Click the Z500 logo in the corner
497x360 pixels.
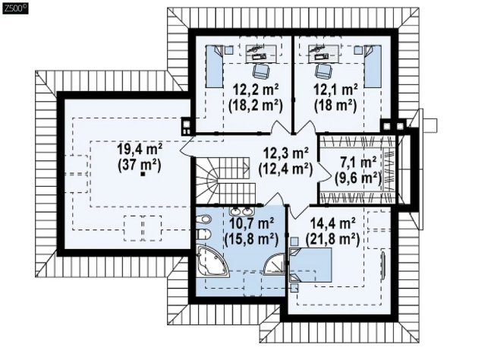coord(15,8)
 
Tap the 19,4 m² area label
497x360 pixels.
coord(140,149)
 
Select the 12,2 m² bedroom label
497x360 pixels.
coord(256,90)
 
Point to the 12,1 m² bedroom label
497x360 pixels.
coord(335,90)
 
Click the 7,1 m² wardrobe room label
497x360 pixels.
coord(358,163)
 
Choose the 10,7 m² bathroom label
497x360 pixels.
coord(251,224)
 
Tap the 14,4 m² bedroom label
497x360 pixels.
coord(332,224)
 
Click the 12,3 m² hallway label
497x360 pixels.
coord(286,153)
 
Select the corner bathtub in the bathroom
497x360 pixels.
coord(212,260)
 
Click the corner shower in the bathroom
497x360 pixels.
coord(275,264)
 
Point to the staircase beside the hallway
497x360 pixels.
coord(225,181)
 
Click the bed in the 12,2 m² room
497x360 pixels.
coord(215,66)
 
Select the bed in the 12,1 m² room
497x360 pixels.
coord(372,66)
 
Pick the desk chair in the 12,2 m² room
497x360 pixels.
coord(261,71)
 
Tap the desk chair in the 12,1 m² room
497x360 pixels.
coord(322,71)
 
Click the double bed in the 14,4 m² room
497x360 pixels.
coord(311,265)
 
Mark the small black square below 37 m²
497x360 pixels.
coord(143,173)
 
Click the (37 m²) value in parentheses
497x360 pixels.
coord(140,166)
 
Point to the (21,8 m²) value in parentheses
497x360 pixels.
coord(332,239)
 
